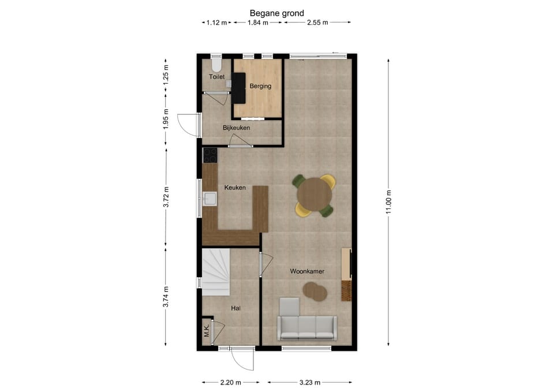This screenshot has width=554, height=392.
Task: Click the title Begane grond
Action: (x=276, y=13)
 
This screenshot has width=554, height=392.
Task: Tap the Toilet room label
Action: (x=216, y=77)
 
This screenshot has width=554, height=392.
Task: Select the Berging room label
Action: (x=260, y=86)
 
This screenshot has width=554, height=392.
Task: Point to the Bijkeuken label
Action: (x=237, y=128)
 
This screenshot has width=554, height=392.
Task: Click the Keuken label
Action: (x=235, y=187)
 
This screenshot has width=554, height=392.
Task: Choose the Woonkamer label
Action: (x=307, y=271)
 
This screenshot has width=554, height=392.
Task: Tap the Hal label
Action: (x=235, y=308)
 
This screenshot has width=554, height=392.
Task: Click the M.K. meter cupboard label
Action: (x=207, y=330)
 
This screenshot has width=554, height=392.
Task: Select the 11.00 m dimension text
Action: (x=388, y=202)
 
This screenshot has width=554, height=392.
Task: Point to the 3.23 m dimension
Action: (x=310, y=382)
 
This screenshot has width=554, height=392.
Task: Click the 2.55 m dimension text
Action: (x=317, y=23)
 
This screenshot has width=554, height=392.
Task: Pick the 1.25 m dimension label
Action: (x=166, y=74)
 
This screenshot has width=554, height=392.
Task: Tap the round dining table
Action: (x=315, y=194)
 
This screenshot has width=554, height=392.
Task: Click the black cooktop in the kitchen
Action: (x=210, y=155)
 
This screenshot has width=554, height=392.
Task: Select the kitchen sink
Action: (x=210, y=199)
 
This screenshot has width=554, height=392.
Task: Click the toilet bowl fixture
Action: (x=216, y=65)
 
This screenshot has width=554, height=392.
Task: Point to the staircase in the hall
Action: (x=216, y=272)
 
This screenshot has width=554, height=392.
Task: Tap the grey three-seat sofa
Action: (x=307, y=328)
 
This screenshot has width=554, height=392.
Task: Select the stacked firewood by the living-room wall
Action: (x=347, y=290)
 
